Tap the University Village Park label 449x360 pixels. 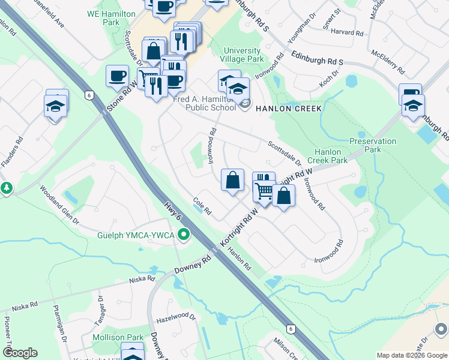point(243,55)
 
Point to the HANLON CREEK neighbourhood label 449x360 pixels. point(289,108)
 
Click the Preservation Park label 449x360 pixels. point(373,145)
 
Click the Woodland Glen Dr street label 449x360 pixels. point(59,205)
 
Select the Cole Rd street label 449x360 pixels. point(203,207)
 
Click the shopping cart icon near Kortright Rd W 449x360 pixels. point(264,191)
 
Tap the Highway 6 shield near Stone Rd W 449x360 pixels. point(89,95)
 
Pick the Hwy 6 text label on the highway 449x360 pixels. point(172,211)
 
